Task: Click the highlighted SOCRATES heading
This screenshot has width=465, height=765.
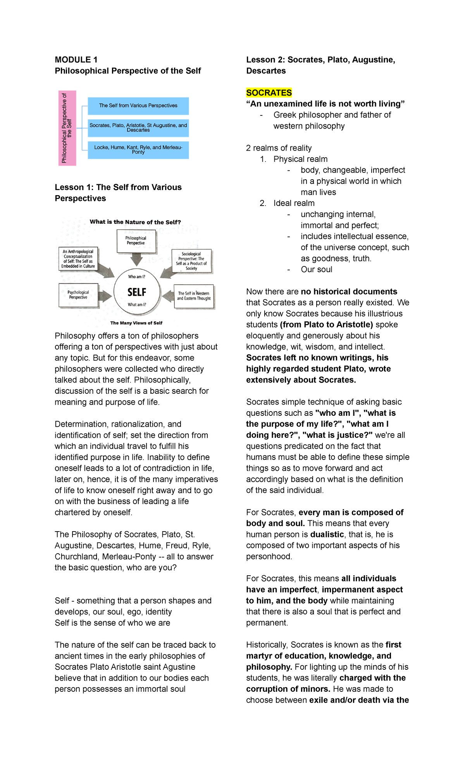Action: click(269, 93)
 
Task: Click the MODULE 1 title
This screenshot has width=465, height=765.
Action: click(76, 60)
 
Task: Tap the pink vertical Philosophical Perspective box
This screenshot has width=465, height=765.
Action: click(67, 128)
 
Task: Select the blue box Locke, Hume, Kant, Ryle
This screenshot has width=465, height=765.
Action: click(138, 150)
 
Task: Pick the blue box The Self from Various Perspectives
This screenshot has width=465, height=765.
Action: click(138, 106)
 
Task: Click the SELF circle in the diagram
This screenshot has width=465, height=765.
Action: click(137, 292)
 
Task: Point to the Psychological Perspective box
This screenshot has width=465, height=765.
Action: click(78, 295)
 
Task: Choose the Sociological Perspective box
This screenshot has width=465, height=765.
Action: click(191, 261)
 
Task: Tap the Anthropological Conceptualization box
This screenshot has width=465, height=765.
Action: click(78, 259)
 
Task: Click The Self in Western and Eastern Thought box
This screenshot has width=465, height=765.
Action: click(194, 296)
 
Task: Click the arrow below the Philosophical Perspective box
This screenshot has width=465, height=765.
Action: click(136, 259)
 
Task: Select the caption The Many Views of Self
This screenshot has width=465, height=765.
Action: click(136, 323)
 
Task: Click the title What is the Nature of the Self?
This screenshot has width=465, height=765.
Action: click(135, 222)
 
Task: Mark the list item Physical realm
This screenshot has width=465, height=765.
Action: click(300, 159)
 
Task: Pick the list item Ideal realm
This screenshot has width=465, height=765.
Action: click(294, 203)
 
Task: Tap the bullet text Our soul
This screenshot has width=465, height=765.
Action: click(316, 269)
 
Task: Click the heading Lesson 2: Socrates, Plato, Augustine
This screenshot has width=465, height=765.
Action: click(320, 60)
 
